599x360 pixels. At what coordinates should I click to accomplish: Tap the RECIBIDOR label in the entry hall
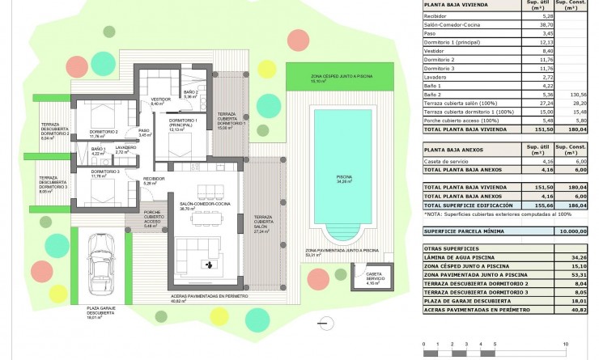point(154,180)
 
